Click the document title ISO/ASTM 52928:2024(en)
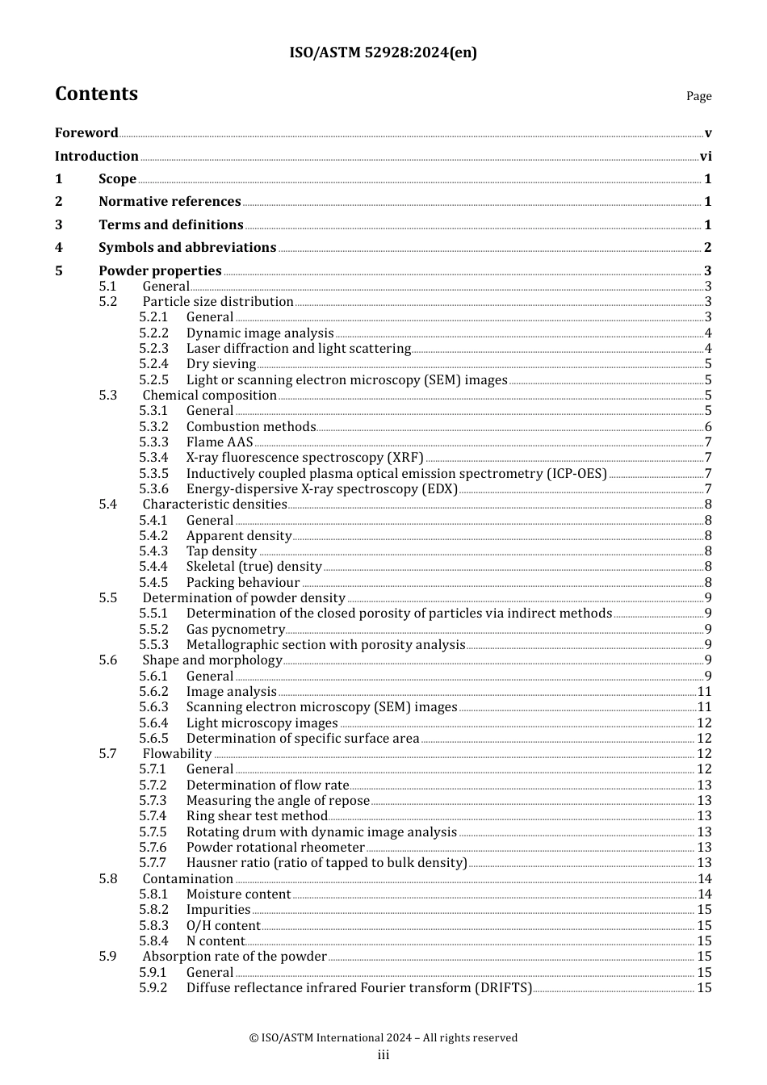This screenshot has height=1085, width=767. pos(383,52)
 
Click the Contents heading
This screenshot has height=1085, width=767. pos(96,94)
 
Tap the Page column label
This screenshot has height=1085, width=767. pos(698,96)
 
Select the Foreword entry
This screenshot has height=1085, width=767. pos(86,133)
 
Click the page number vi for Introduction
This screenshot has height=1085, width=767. pos(706,157)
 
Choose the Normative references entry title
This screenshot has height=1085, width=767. pos(170,202)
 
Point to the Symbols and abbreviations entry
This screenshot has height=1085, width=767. pos(187,248)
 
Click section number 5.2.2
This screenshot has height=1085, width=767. pos(153,333)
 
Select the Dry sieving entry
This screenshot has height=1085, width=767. pos(220,364)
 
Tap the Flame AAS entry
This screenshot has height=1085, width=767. pos(220,442)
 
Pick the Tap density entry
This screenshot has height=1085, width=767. pos(221,551)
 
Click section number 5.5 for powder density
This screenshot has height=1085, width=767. pos(108,598)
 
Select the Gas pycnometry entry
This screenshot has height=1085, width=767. pos(235,630)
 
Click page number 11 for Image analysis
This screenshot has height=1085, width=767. pos(704,692)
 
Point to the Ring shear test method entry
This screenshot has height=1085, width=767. pos(257,816)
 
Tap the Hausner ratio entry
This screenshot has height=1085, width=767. pos(326,863)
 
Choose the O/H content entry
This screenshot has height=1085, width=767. pos(223,926)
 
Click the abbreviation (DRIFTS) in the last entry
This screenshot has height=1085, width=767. pos(503,988)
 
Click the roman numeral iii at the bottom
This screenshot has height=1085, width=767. pos(383,1055)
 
